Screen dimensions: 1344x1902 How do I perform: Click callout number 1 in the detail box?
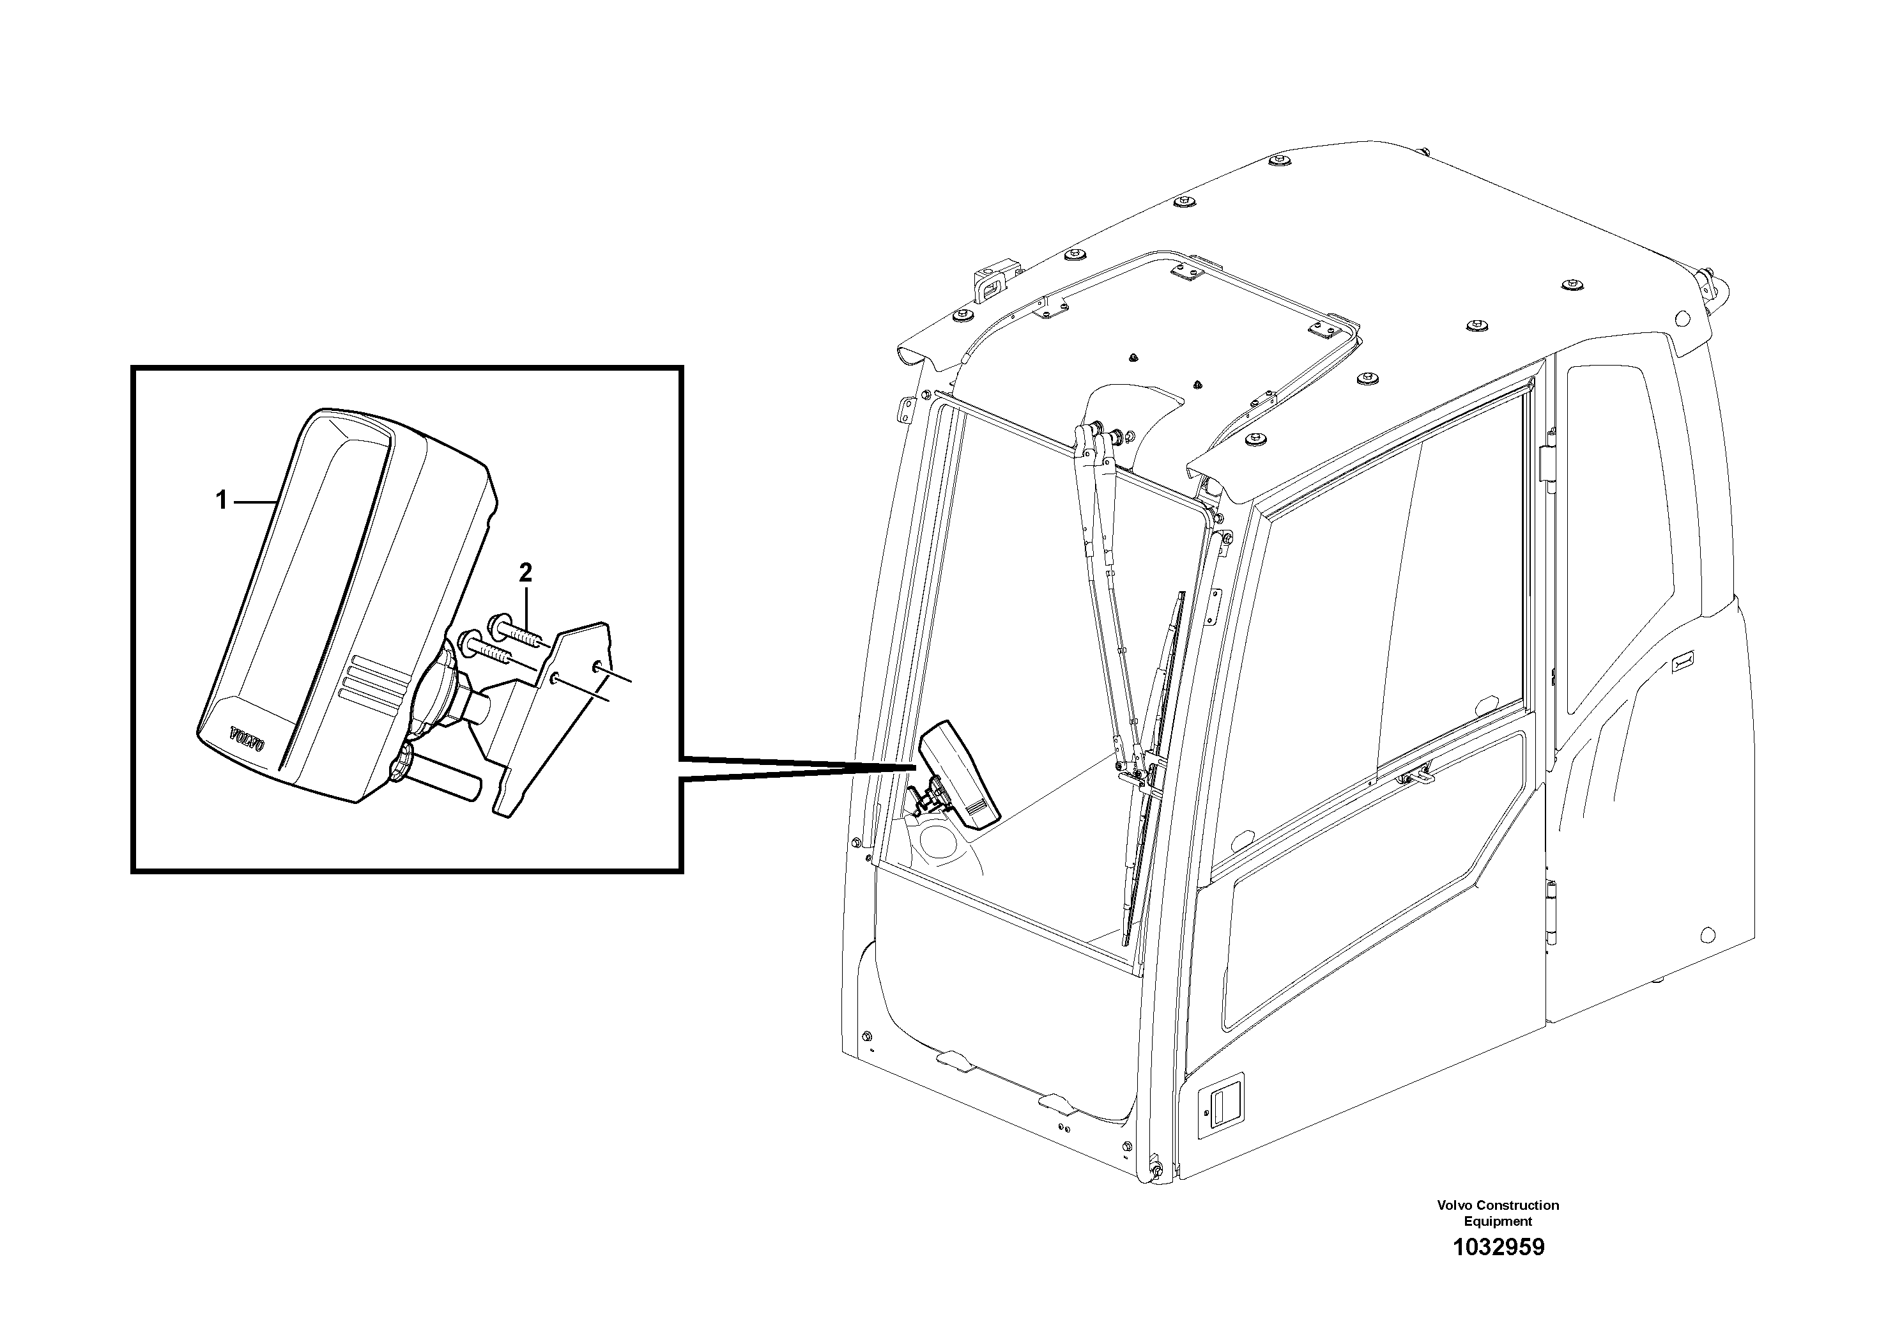tap(221, 500)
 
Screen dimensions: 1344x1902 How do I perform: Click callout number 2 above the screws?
tap(525, 572)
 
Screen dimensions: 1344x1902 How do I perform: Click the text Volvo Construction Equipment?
tap(1498, 1213)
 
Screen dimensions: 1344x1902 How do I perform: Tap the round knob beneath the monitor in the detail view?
tap(401, 761)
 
